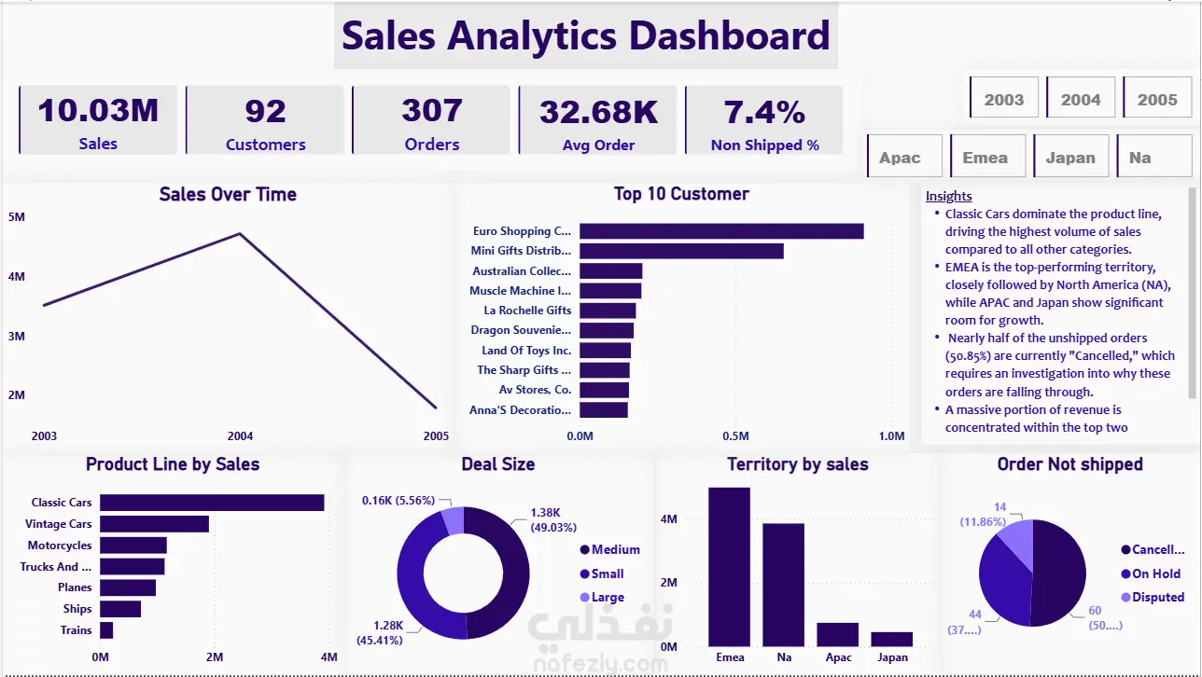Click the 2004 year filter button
(x=1081, y=98)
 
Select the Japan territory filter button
(x=1071, y=156)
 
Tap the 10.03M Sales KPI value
(x=98, y=110)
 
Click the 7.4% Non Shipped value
(x=764, y=112)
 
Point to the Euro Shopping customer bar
(x=721, y=231)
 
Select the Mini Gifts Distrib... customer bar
(x=681, y=251)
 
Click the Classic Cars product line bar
(x=212, y=503)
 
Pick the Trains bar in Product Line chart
(x=106, y=629)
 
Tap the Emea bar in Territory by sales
(x=729, y=567)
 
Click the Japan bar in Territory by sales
(x=892, y=639)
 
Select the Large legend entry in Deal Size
(x=602, y=597)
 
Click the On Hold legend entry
(x=1151, y=573)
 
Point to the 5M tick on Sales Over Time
(x=17, y=216)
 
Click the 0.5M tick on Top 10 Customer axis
(x=735, y=435)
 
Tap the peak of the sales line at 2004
(x=240, y=233)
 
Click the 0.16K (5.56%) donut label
(x=398, y=500)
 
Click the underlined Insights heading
(x=949, y=196)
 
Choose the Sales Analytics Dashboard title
(x=585, y=35)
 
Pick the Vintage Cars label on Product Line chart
(x=59, y=524)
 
